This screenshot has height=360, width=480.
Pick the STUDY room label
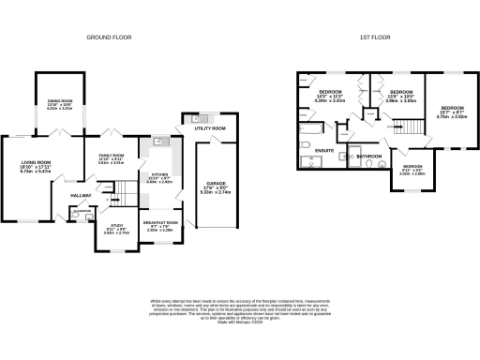click(x=116, y=226)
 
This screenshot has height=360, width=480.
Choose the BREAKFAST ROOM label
click(x=160, y=221)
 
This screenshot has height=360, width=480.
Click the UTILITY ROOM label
click(x=212, y=127)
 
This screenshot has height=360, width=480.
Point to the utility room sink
click(x=200, y=118)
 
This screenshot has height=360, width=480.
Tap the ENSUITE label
click(x=324, y=150)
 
